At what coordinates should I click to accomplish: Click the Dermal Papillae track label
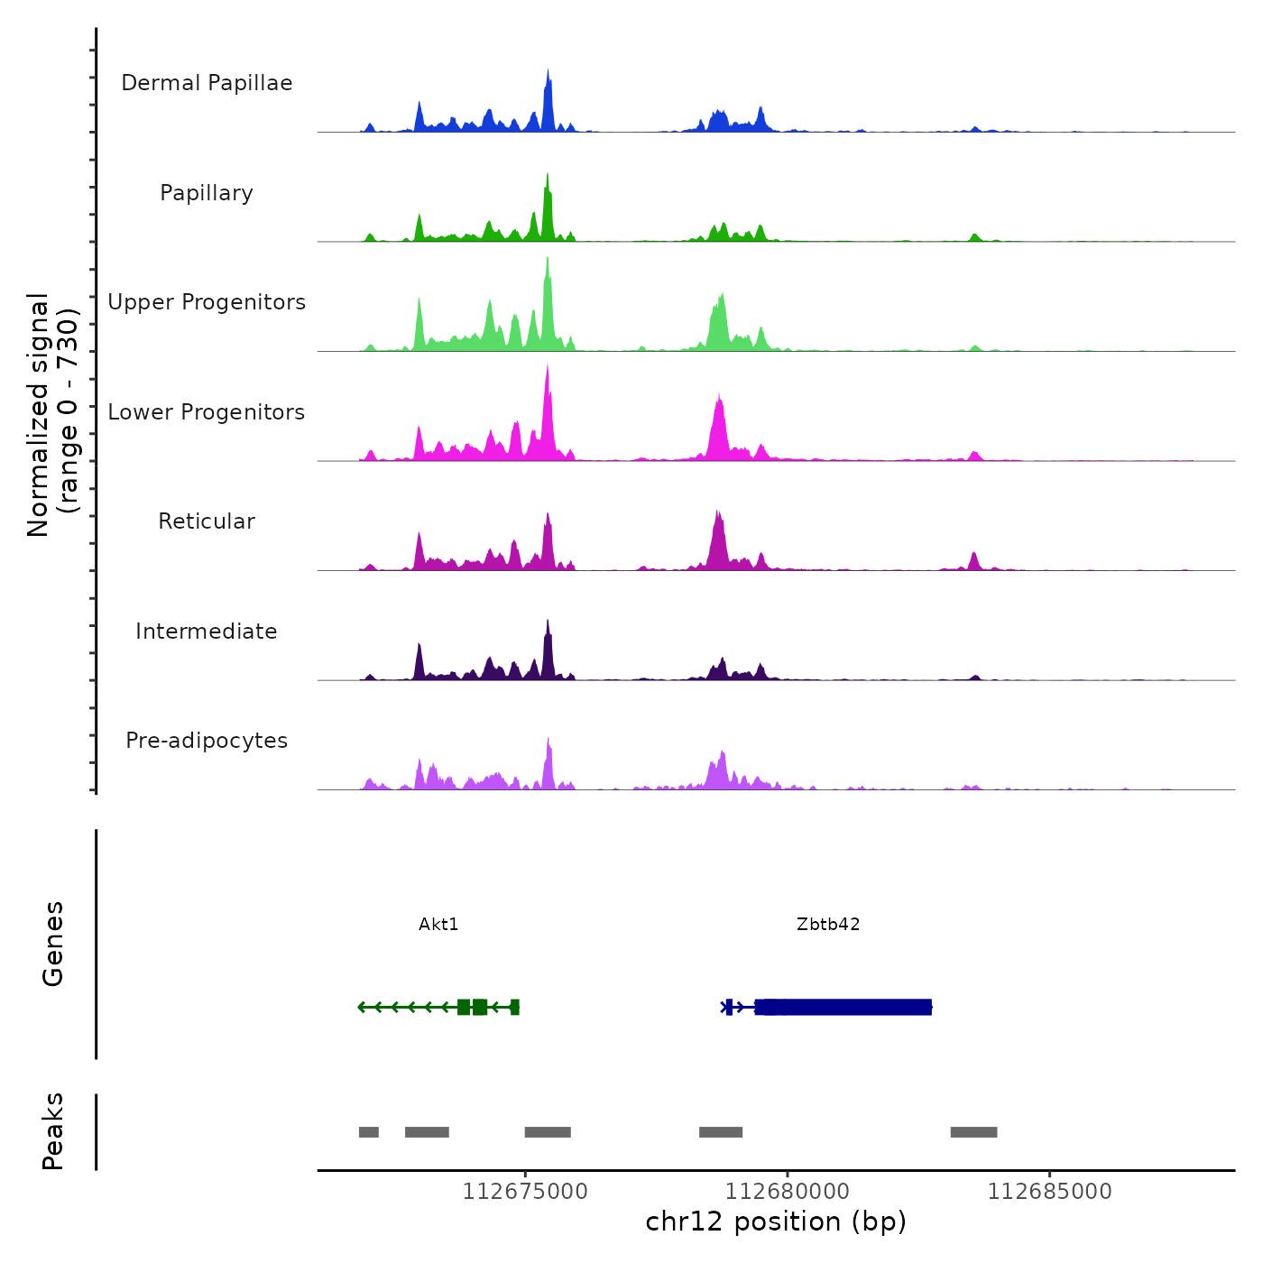[x=207, y=83]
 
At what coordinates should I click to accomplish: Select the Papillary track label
[x=207, y=193]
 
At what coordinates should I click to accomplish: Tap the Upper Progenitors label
[x=207, y=302]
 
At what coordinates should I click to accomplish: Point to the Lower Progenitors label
[x=207, y=412]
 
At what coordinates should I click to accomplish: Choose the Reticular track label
[x=207, y=521]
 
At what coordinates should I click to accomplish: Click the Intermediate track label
[x=207, y=631]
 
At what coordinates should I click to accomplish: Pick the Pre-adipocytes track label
[x=207, y=741]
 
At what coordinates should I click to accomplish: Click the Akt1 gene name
[x=438, y=924]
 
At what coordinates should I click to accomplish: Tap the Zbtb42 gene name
[x=828, y=924]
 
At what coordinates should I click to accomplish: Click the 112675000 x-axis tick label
[x=525, y=1192]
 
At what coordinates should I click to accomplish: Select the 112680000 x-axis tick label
[x=788, y=1192]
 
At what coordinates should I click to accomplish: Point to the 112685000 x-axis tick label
[x=1050, y=1192]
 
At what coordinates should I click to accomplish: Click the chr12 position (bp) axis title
[x=776, y=1222]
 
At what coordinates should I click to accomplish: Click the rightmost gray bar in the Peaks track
[x=973, y=1132]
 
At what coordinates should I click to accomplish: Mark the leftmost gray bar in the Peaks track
[x=369, y=1132]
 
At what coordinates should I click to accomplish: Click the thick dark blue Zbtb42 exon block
[x=844, y=1007]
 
